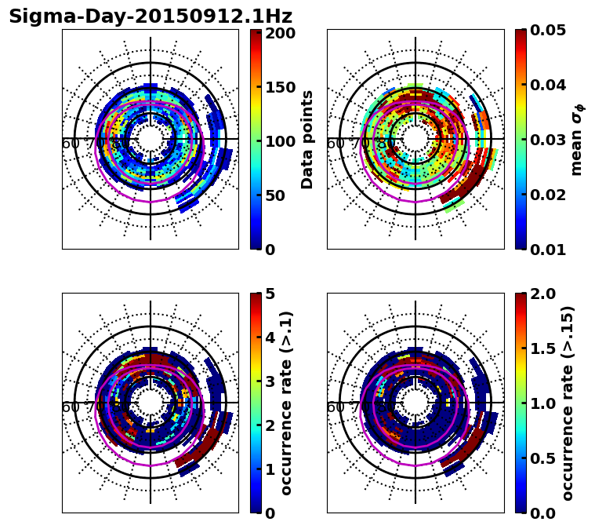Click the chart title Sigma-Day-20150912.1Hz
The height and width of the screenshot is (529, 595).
tap(151, 16)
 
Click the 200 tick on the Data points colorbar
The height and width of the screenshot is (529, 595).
tap(280, 33)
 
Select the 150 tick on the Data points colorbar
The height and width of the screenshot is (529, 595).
tap(280, 87)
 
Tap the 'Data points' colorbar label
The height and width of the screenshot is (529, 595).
tap(307, 140)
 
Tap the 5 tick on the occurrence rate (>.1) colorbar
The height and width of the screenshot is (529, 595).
tap(270, 294)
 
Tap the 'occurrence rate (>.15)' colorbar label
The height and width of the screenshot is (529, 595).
tap(568, 403)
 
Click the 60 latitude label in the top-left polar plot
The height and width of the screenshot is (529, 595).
tap(70, 144)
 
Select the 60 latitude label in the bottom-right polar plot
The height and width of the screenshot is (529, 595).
tap(335, 407)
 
